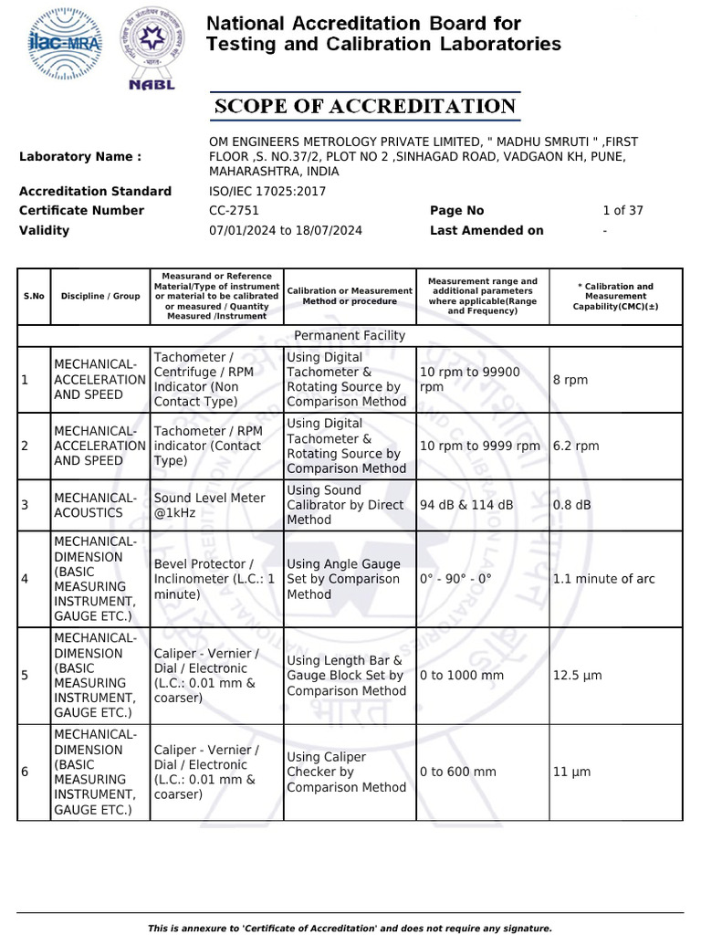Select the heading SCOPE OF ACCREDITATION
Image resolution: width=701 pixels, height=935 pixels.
pyautogui.click(x=365, y=107)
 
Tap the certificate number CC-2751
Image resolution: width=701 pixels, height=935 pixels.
pyautogui.click(x=235, y=211)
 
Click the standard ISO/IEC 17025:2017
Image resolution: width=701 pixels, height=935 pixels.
pyautogui.click(x=267, y=191)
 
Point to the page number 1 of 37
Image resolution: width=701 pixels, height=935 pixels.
pyautogui.click(x=623, y=211)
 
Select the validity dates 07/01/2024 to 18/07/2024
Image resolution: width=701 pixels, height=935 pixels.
pyautogui.click(x=286, y=230)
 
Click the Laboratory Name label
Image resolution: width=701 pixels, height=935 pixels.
pyautogui.click(x=80, y=157)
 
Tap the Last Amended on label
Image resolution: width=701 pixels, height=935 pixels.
pyautogui.click(x=487, y=230)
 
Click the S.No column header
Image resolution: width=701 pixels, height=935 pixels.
pyautogui.click(x=34, y=296)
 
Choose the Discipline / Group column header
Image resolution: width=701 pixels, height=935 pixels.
pyautogui.click(x=100, y=296)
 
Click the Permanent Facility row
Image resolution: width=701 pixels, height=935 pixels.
pyautogui.click(x=350, y=336)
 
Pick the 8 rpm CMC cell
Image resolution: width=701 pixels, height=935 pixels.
pyautogui.click(x=570, y=380)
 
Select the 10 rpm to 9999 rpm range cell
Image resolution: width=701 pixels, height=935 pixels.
pyautogui.click(x=480, y=446)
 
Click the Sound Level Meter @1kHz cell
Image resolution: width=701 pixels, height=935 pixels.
pyautogui.click(x=209, y=505)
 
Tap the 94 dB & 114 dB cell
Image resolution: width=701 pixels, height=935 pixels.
pyautogui.click(x=466, y=505)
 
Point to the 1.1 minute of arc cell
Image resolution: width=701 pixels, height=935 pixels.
pyautogui.click(x=603, y=579)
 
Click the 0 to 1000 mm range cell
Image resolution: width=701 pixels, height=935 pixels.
pyautogui.click(x=462, y=676)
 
